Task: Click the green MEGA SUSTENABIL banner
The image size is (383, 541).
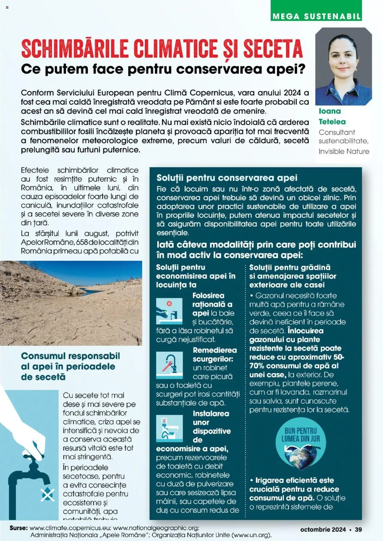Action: pyautogui.click(x=316, y=16)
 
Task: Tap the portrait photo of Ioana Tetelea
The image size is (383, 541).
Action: pyautogui.click(x=344, y=66)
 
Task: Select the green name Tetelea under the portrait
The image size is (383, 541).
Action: pyautogui.click(x=332, y=122)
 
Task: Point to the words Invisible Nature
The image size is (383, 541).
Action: pyautogui.click(x=344, y=151)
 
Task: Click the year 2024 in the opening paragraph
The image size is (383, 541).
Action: pyautogui.click(x=292, y=93)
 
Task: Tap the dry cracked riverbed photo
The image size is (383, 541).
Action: pyautogui.click(x=71, y=303)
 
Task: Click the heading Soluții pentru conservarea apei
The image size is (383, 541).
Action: pyautogui.click(x=227, y=178)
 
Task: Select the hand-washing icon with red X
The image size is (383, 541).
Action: pyautogui.click(x=169, y=311)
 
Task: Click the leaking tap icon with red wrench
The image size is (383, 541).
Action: pyautogui.click(x=169, y=365)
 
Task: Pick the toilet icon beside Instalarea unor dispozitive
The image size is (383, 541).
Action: pyautogui.click(x=169, y=428)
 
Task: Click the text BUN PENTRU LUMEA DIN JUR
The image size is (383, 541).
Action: pyautogui.click(x=300, y=435)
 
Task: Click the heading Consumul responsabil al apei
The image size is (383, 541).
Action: pyautogui.click(x=70, y=366)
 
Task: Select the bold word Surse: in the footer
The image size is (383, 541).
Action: pyautogui.click(x=19, y=528)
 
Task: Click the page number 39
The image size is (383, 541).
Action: pyautogui.click(x=358, y=529)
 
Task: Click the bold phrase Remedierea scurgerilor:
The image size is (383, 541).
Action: pyautogui.click(x=214, y=354)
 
